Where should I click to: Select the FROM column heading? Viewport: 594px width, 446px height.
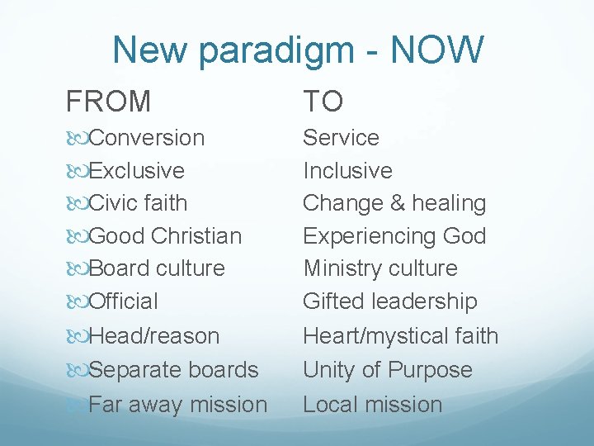pos(109,102)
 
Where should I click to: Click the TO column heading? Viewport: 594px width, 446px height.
pos(323,102)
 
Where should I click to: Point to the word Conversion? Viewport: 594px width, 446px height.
pos(147,137)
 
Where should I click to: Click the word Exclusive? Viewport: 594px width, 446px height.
pos(136,170)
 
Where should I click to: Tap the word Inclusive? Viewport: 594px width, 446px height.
pos(347,170)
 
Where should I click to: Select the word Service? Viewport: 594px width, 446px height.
pos(341,137)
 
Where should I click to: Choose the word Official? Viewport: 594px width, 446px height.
pos(124,301)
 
